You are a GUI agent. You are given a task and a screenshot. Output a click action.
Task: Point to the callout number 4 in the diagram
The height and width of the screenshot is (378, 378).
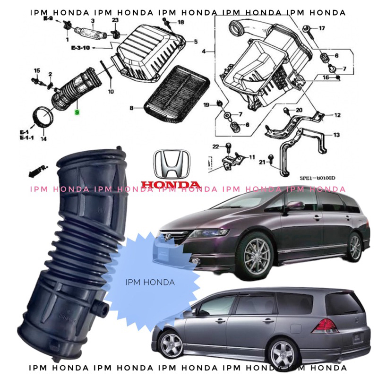204,51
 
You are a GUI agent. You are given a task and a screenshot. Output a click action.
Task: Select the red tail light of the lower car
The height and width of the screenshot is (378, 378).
325,326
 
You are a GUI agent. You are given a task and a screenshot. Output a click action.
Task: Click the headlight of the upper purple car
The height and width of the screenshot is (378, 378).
208,233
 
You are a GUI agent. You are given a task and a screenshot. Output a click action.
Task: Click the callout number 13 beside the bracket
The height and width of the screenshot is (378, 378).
336,135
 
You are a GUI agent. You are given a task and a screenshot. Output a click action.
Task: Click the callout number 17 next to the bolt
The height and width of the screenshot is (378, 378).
322,28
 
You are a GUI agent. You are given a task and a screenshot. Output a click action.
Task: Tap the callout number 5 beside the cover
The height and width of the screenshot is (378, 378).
195,42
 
